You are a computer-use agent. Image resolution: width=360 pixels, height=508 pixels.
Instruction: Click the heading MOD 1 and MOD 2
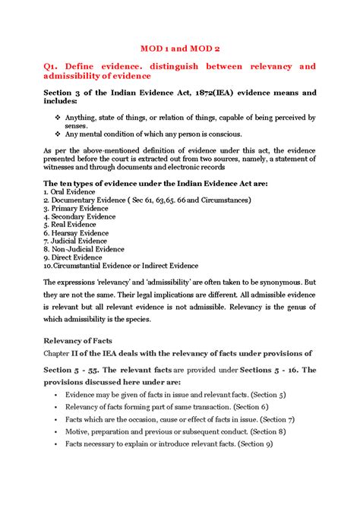point(179,46)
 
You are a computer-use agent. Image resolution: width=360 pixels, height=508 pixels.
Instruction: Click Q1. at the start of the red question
point(55,67)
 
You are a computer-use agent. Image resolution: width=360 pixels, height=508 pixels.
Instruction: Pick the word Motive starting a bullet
point(78,431)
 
